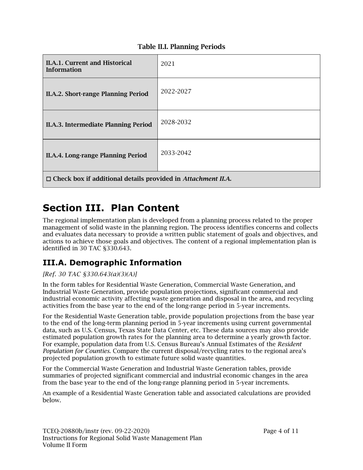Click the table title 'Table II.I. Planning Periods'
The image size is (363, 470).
(181, 47)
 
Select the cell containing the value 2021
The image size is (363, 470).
(168, 64)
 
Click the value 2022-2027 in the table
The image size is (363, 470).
(176, 91)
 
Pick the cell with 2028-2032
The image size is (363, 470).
(176, 122)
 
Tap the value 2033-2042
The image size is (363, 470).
(176, 153)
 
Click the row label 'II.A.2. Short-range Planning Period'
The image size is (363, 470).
(97, 94)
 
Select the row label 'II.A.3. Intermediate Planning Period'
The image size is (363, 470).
(99, 125)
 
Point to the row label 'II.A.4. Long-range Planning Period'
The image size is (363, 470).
(96, 156)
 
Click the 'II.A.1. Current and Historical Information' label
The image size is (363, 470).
(89, 66)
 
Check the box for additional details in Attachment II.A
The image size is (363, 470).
(48, 179)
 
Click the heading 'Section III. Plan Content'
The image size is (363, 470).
(111, 208)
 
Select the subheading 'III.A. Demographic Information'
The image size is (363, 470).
(112, 263)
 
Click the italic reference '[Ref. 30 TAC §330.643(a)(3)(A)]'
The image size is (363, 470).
(90, 274)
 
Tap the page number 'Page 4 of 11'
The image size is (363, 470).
(280, 431)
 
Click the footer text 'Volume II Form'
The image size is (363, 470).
(65, 445)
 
